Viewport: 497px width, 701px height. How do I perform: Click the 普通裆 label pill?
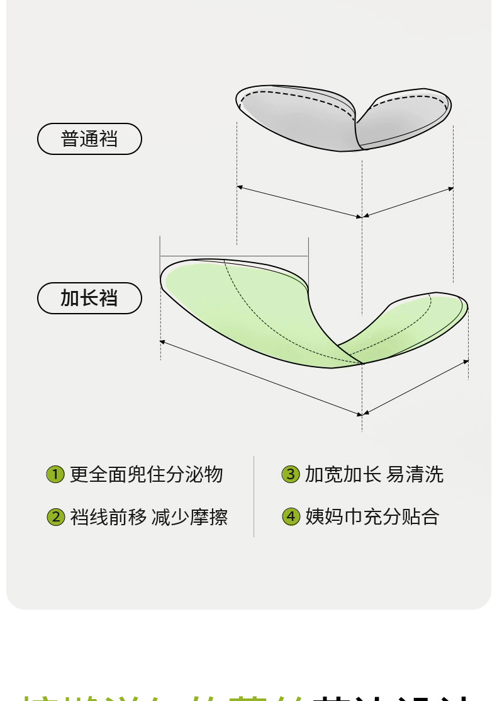[x=89, y=139]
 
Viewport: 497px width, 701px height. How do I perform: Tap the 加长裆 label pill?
[x=89, y=298]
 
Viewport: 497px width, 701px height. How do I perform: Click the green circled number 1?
[x=55, y=474]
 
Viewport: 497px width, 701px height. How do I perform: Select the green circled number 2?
[x=55, y=517]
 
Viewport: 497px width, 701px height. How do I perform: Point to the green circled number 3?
[x=290, y=474]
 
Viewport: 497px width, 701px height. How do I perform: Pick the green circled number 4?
[x=290, y=517]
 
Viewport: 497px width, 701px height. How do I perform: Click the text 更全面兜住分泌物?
[x=146, y=474]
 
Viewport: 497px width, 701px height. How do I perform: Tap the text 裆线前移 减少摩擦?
[x=149, y=517]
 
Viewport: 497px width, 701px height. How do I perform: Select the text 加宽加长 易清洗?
[x=374, y=474]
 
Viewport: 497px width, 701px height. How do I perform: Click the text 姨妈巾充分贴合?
[x=372, y=517]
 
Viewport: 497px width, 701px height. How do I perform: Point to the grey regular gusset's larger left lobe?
[x=296, y=120]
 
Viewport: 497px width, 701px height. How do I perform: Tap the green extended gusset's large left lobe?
[x=252, y=309]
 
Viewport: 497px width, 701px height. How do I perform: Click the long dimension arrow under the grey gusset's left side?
[x=299, y=202]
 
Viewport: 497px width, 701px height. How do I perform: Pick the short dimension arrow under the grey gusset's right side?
[x=408, y=202]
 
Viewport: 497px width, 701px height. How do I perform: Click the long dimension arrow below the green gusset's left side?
[x=261, y=378]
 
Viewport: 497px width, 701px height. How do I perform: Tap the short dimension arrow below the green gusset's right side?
[x=416, y=387]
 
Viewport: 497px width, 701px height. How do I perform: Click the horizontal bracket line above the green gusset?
[x=234, y=256]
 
